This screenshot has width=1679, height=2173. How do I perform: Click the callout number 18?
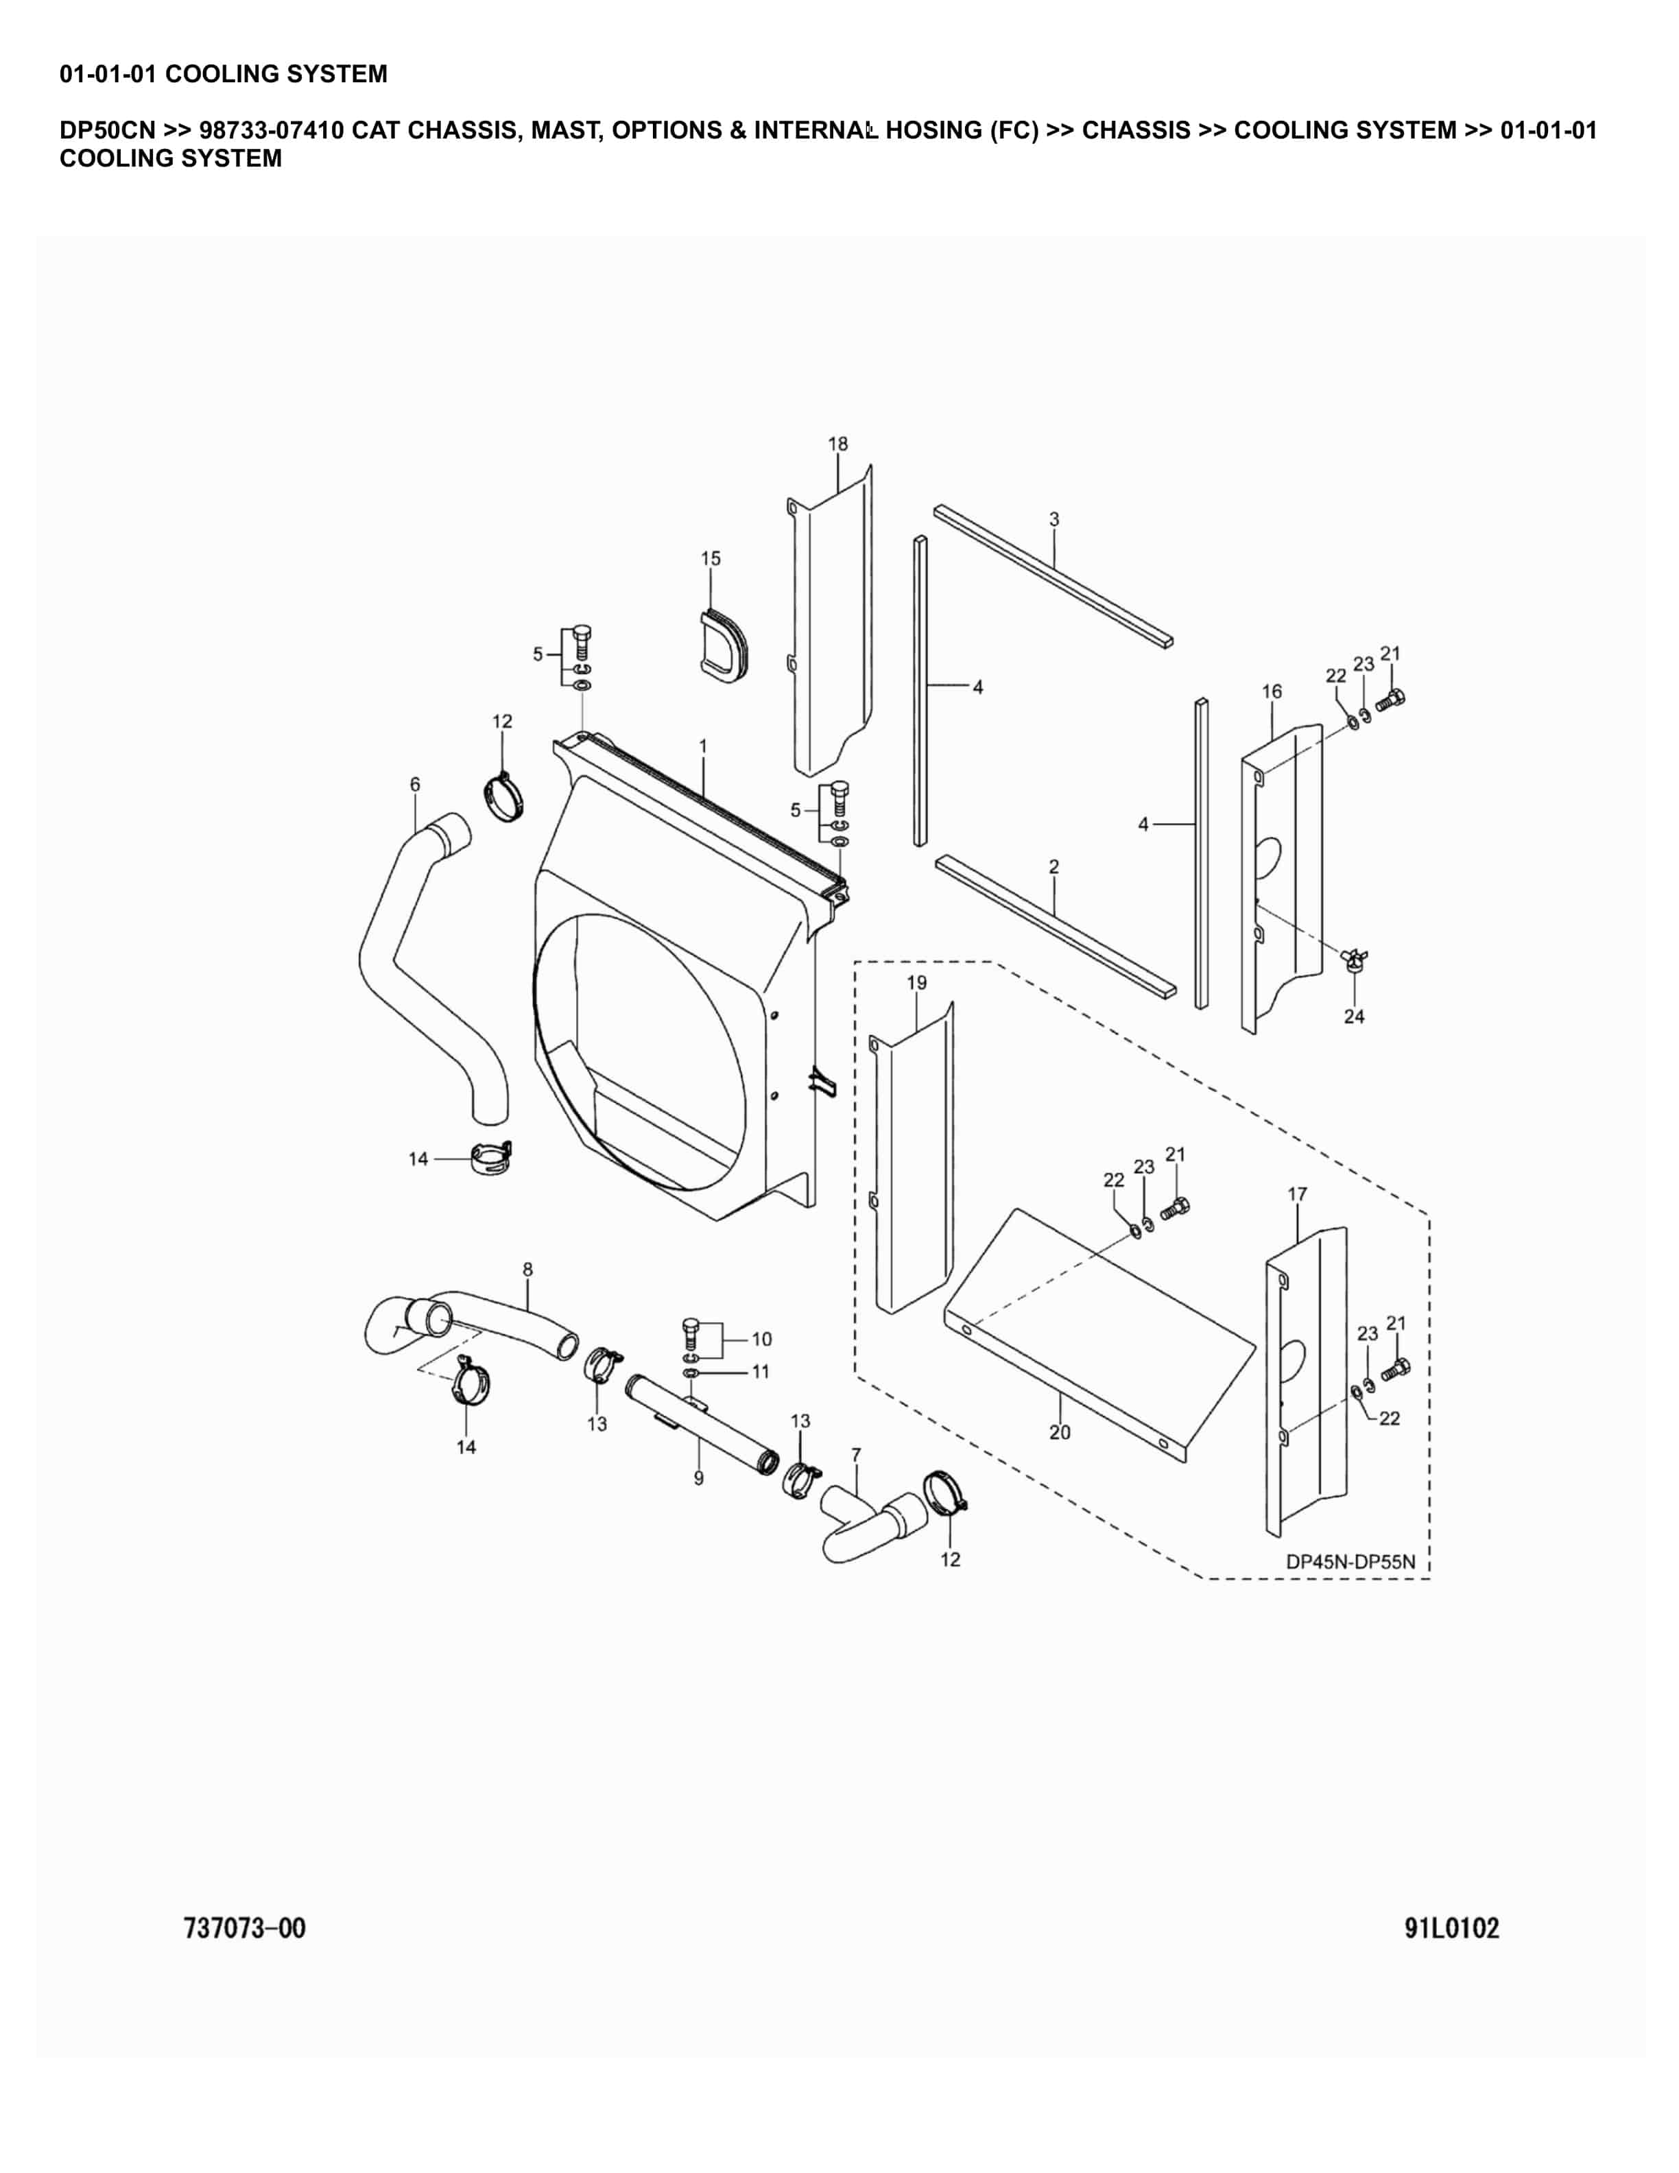point(837,444)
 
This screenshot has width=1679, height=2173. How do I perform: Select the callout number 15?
point(710,558)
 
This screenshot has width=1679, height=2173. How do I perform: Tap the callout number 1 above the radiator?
point(702,745)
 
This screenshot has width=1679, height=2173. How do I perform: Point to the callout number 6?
point(415,784)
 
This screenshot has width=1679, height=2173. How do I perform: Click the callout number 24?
point(1354,1016)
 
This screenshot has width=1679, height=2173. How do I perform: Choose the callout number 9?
point(698,1479)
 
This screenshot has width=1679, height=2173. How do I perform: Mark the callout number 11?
point(760,1371)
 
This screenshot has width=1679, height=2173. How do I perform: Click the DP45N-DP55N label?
point(1350,1561)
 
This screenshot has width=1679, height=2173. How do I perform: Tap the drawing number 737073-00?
point(245,1927)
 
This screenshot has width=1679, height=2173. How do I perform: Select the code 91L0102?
point(1451,1927)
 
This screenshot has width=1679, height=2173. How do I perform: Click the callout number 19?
point(916,983)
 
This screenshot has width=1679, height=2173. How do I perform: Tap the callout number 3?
point(1054,519)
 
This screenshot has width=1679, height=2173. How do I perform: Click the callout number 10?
point(761,1338)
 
